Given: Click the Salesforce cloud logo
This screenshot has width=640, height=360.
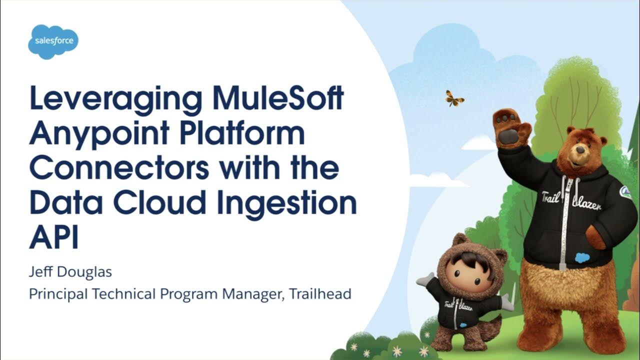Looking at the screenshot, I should point(53,41).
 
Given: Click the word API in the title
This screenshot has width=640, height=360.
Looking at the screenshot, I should point(54,238).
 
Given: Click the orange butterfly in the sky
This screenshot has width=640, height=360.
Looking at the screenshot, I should point(454,98).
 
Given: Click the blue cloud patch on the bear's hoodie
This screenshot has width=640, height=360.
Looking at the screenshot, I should point(582,258).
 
